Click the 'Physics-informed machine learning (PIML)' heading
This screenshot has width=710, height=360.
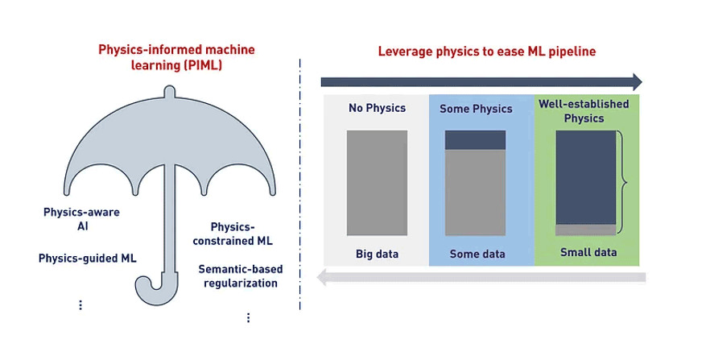point(176,57)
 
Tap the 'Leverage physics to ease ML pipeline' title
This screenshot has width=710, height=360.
point(487,52)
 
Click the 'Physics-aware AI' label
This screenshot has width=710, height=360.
point(81,219)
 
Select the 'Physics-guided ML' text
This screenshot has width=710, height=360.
point(88,259)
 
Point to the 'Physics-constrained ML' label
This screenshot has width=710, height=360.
point(233,234)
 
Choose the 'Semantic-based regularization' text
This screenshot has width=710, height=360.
point(241,275)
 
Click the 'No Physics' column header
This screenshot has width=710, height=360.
point(378,108)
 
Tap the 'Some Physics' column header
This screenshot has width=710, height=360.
point(476,109)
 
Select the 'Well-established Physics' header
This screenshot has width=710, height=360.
point(584,111)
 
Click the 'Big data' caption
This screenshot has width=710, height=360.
point(378,254)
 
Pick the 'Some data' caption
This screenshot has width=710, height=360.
point(477,254)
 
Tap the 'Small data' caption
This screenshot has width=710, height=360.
point(588,252)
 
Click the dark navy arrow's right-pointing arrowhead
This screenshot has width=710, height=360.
point(637,82)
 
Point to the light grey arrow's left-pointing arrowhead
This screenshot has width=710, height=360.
point(321,277)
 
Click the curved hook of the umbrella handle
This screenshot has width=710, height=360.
point(151,290)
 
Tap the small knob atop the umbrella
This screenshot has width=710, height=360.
point(169,91)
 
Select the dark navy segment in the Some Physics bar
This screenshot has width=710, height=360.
point(476,140)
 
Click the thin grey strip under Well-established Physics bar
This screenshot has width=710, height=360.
point(586,230)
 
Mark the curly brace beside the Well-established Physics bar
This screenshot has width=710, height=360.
point(622,182)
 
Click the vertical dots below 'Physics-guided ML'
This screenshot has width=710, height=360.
point(80,304)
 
